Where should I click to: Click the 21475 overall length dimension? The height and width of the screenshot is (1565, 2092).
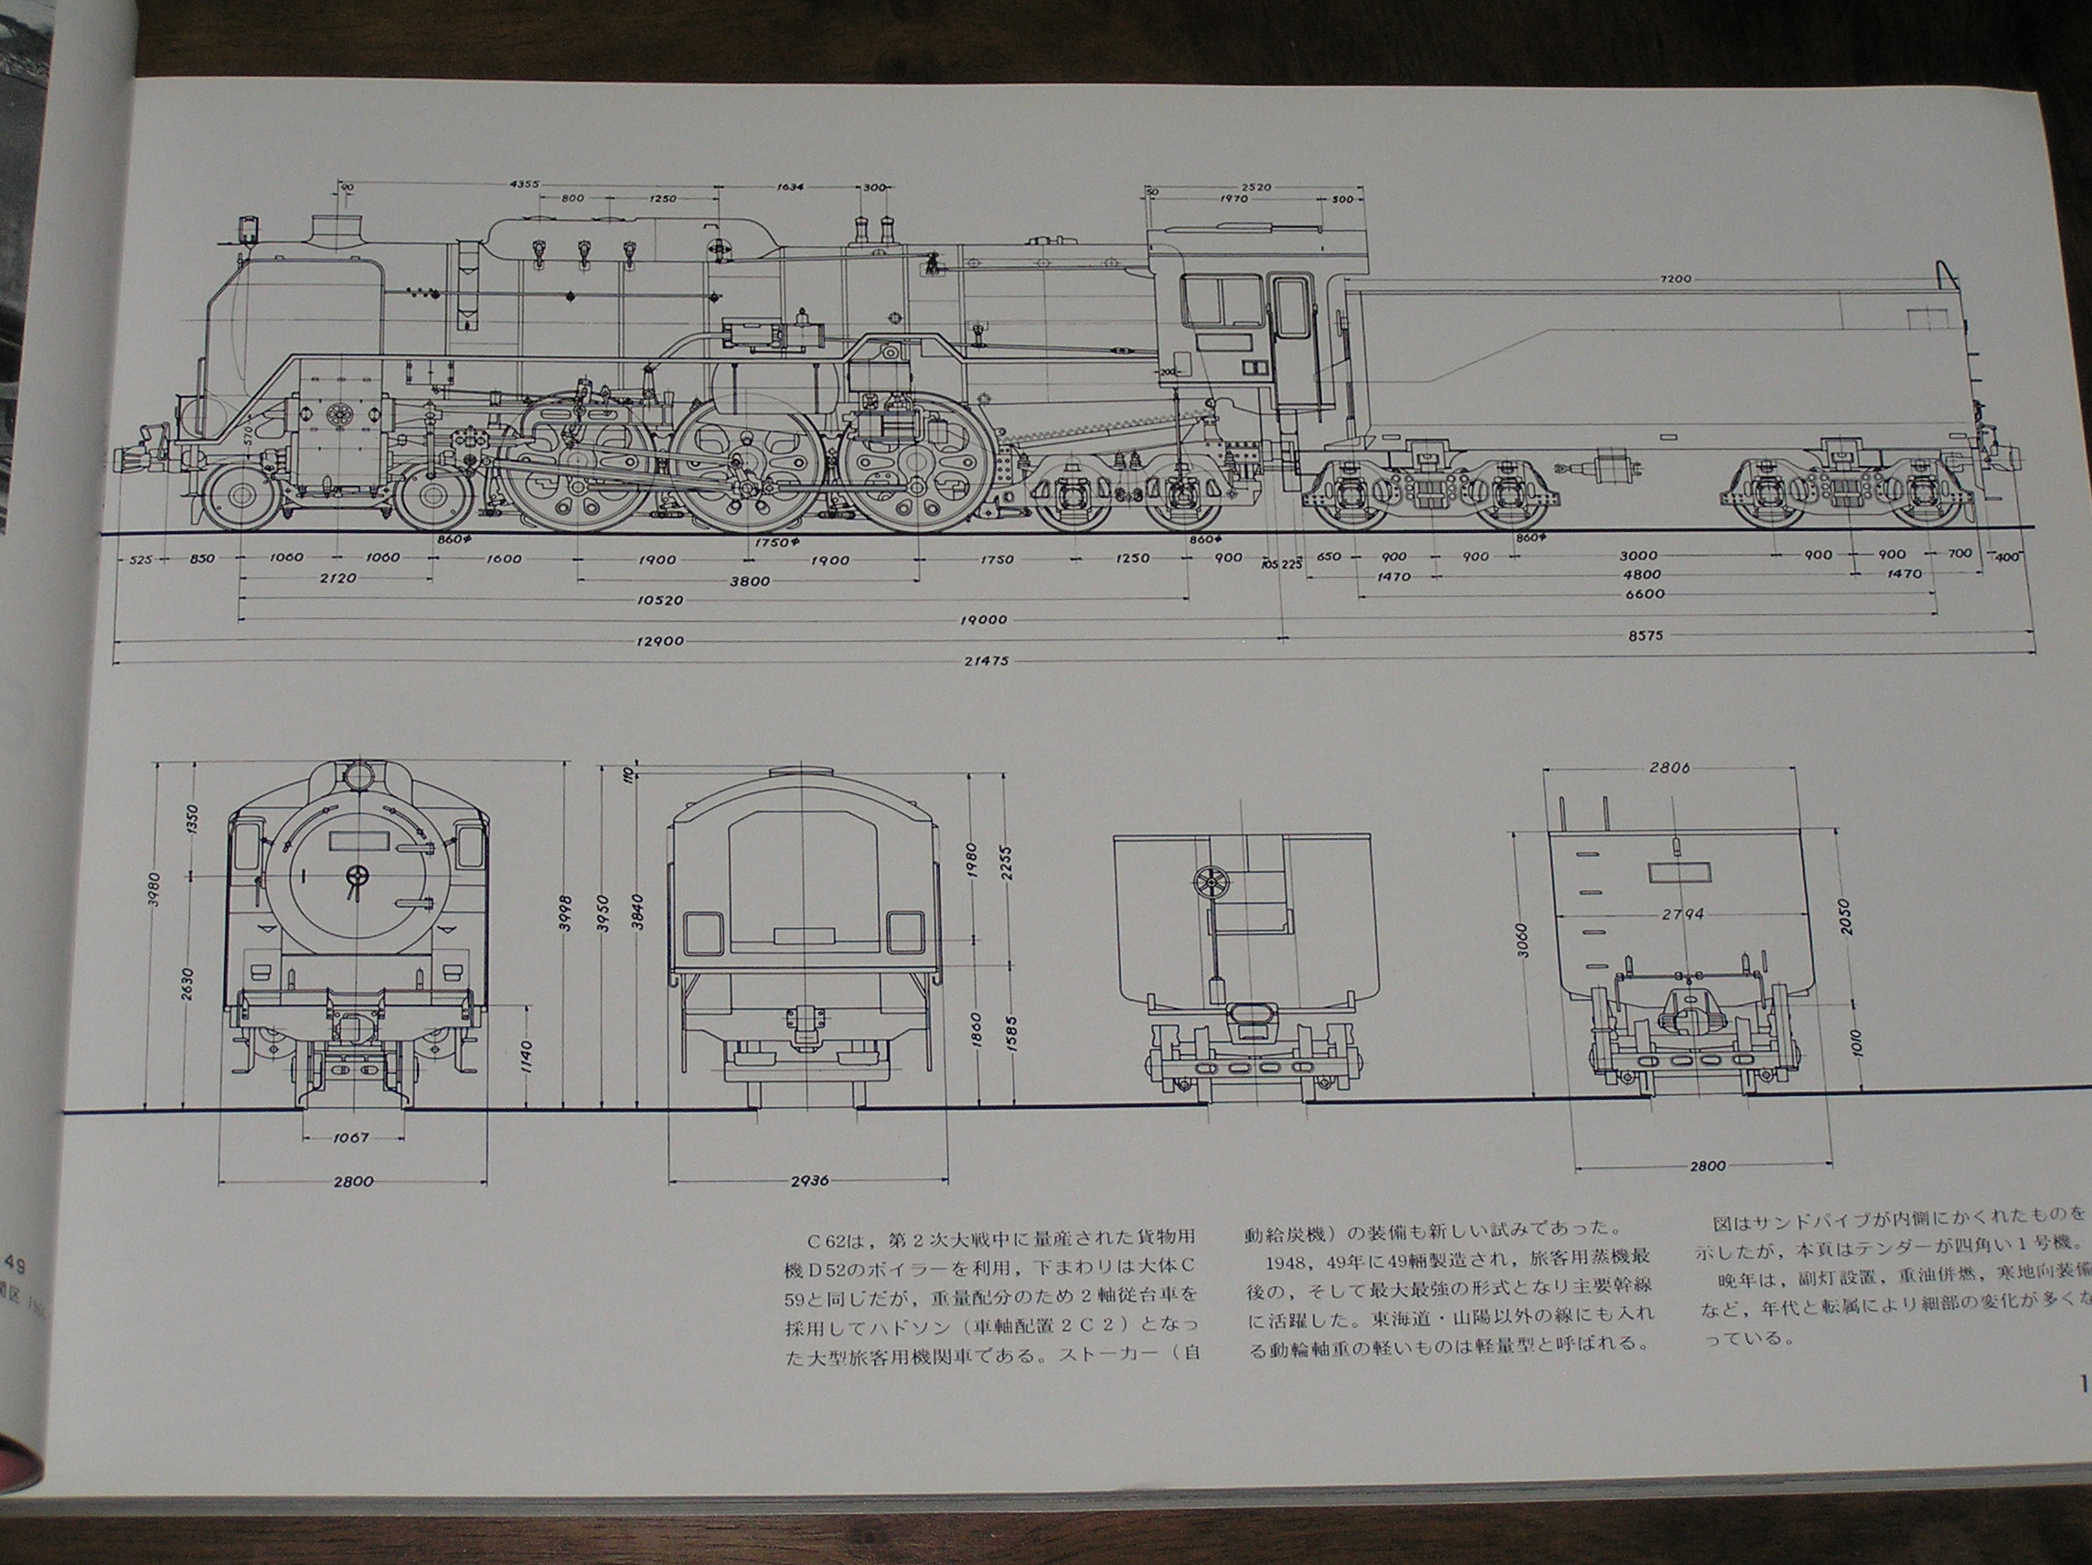(984, 662)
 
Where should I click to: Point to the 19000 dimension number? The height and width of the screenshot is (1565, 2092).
(984, 621)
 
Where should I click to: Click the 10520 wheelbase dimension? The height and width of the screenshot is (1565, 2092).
(661, 600)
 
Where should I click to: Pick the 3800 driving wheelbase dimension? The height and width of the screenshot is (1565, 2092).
(749, 580)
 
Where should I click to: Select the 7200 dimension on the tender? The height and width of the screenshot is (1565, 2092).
(1675, 279)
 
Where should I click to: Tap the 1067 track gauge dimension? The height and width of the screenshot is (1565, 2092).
(351, 1138)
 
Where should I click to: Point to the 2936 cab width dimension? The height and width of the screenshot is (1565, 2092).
(809, 1180)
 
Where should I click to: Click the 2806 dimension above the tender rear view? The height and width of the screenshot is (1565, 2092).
(1669, 768)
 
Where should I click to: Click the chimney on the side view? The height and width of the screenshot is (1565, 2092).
(337, 229)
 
